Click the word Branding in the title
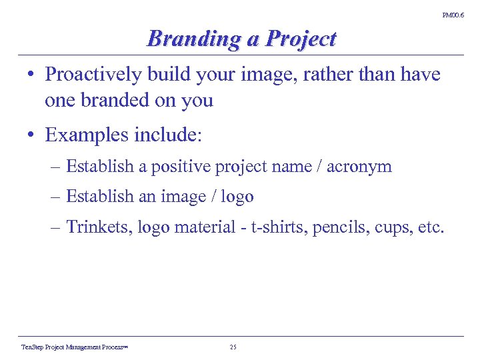tap(195, 39)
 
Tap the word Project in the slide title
tap(301, 39)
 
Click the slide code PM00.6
tap(453, 15)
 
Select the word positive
tap(181, 167)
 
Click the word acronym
tap(363, 167)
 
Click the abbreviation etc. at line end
tap(431, 227)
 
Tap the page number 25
tap(233, 347)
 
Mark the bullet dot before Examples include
tap(32, 136)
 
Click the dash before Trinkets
tap(55, 227)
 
